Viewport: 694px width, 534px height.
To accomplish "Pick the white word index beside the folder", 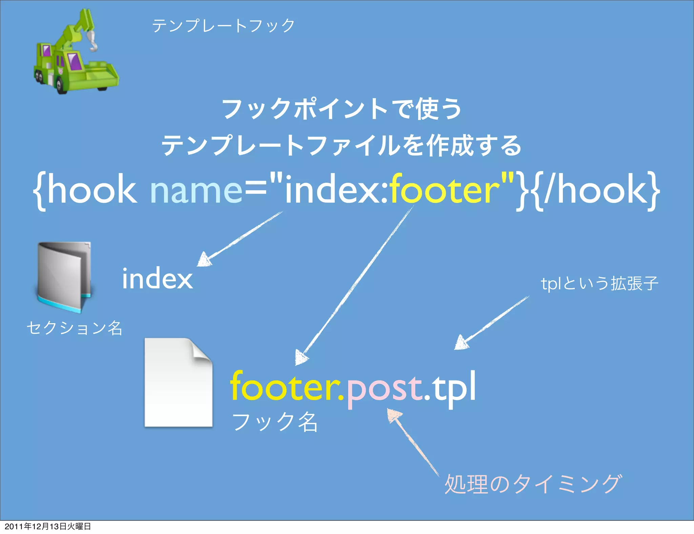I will (157, 279).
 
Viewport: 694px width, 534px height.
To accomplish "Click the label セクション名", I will (75, 328).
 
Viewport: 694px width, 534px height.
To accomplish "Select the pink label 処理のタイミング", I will (533, 484).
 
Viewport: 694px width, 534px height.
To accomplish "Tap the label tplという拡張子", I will (599, 284).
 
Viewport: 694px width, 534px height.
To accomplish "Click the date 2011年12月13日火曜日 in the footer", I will (48, 526).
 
